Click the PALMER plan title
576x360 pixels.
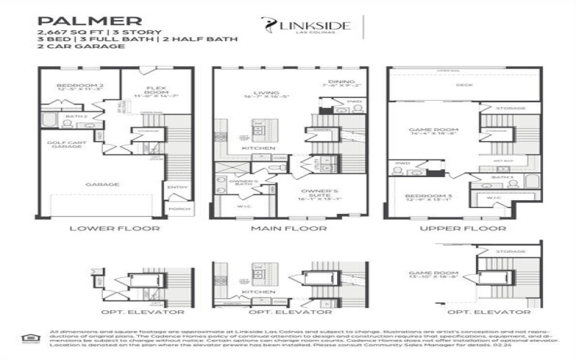pyautogui.click(x=79, y=20)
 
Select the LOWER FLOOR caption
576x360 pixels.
pyautogui.click(x=115, y=228)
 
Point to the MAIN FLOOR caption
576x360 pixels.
pyautogui.click(x=289, y=228)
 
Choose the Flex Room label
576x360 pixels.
pyautogui.click(x=151, y=91)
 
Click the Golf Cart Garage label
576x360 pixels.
pyautogui.click(x=67, y=145)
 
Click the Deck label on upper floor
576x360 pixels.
pyautogui.click(x=463, y=84)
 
